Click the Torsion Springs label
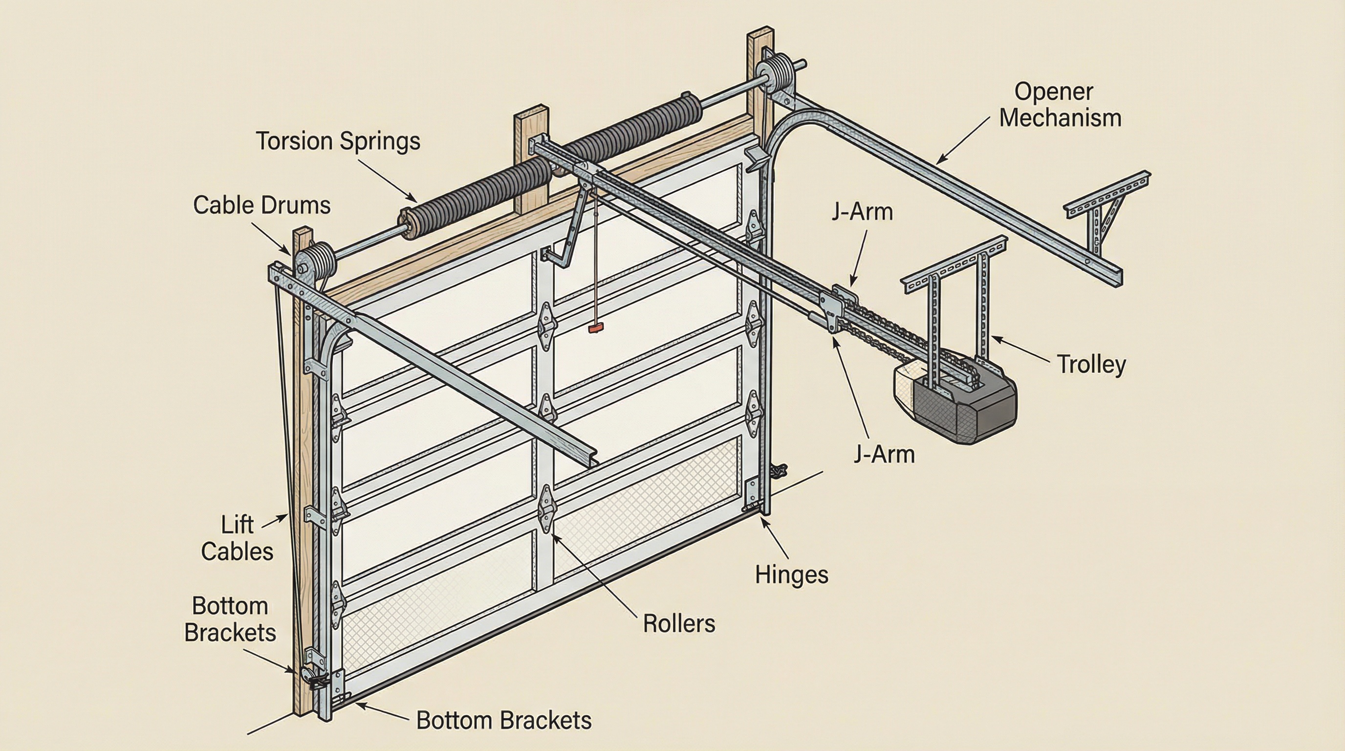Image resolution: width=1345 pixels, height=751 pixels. point(338,141)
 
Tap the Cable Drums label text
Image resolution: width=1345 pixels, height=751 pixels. point(261,205)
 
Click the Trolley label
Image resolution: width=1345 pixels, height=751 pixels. point(1091,364)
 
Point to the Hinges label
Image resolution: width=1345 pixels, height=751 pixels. point(792,575)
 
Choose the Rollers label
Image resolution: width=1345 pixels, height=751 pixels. point(678,623)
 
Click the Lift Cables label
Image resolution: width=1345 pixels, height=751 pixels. point(237,538)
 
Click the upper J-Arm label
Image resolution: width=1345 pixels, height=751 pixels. point(862,212)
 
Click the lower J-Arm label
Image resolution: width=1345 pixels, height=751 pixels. point(884,454)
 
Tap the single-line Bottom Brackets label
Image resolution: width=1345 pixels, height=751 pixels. point(503,721)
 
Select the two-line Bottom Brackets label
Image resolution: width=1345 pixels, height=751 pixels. point(230,619)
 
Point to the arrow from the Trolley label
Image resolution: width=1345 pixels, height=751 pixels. point(1021,350)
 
